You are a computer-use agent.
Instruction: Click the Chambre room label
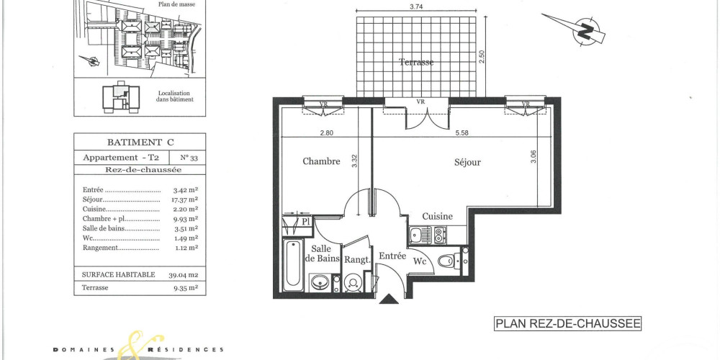coord(321,161)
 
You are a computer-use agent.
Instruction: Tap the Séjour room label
coord(467,162)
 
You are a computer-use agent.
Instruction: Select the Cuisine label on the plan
coord(437,216)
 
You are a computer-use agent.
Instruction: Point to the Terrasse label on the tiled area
coord(416,63)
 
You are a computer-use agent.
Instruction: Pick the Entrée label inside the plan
coord(392,256)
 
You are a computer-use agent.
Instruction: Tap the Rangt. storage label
coord(356,259)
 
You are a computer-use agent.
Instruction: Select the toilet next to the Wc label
coord(448,261)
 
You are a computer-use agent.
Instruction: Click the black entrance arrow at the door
coord(389,299)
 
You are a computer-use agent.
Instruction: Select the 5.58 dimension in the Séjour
coord(462,132)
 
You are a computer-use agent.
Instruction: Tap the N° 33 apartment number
coord(186,156)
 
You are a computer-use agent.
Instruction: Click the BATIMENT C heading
coord(140,143)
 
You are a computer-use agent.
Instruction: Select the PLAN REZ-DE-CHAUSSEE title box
coord(567,324)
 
